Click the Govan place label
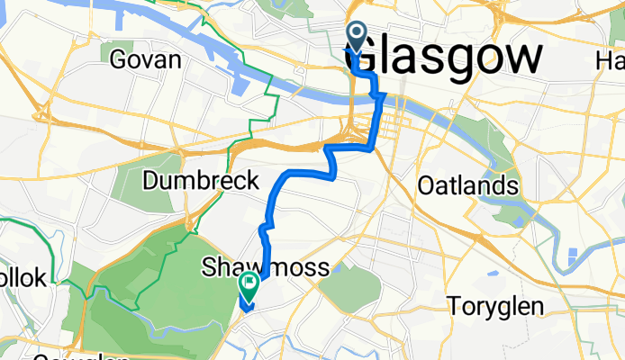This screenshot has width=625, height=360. pos(145,60)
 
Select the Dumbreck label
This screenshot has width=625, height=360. pos(201,180)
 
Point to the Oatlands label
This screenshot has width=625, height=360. pos(468,186)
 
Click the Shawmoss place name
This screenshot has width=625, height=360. pos(265,266)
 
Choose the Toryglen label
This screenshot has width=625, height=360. pos(496,307)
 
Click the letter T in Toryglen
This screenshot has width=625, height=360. pos(455,307)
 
